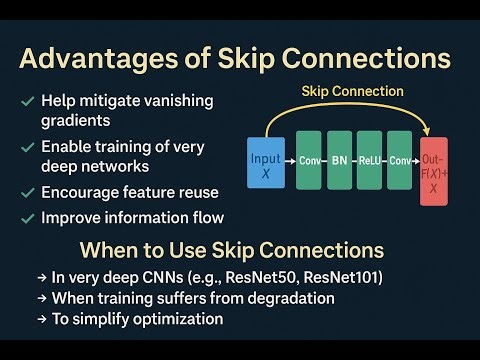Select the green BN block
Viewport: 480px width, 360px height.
tap(339, 160)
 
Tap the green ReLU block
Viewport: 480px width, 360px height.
tap(370, 160)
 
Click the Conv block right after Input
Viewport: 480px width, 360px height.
tap(308, 160)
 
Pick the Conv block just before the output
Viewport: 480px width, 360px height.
tap(401, 160)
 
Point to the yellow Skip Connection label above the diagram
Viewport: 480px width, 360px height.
tap(352, 92)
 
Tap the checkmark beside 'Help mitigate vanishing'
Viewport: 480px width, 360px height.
tap(26, 102)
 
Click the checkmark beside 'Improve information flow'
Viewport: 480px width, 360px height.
tap(26, 218)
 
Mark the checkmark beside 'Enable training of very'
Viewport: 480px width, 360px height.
tap(26, 148)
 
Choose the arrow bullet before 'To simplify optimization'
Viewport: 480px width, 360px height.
tap(41, 319)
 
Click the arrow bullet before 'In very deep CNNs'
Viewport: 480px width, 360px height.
tap(41, 275)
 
